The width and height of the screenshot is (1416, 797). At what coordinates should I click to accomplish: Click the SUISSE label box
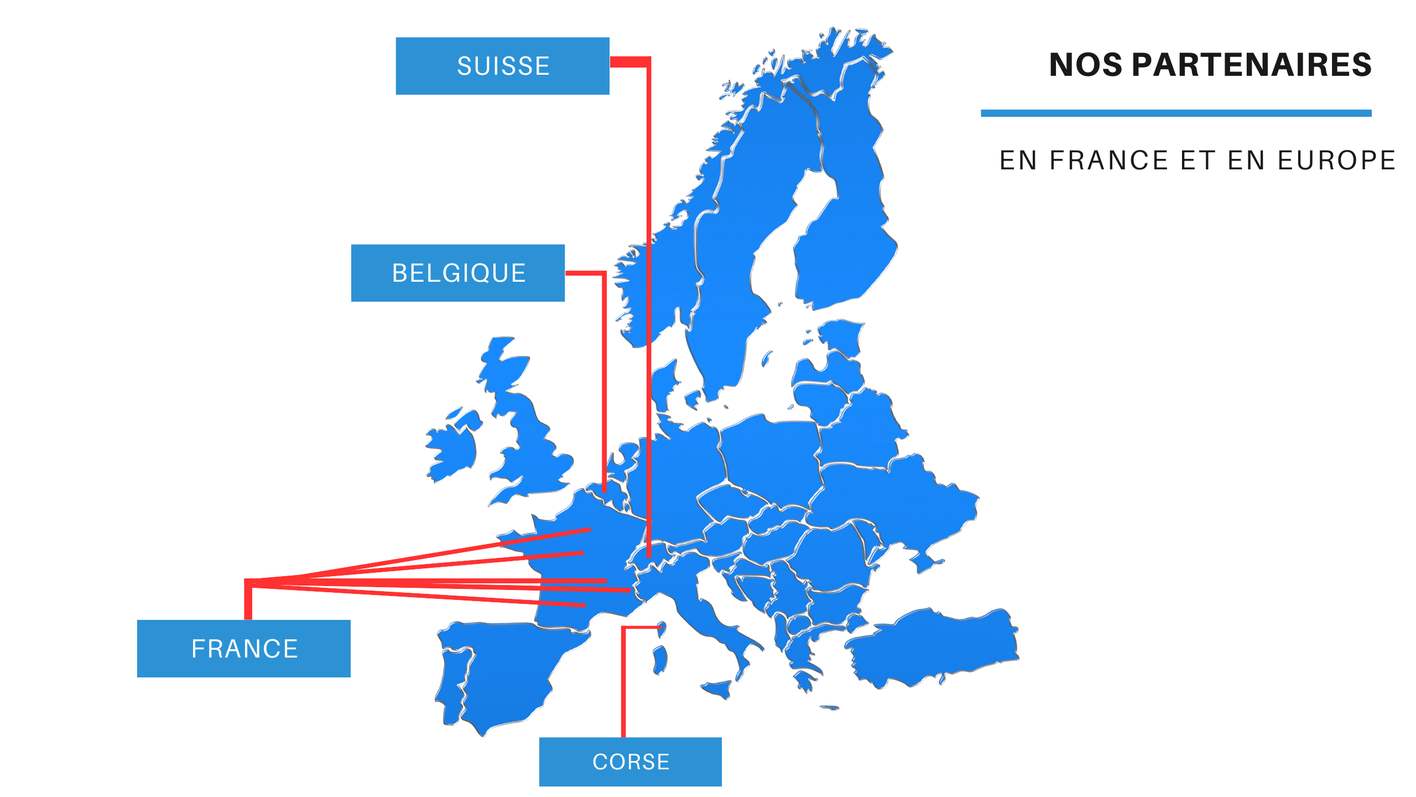click(x=502, y=66)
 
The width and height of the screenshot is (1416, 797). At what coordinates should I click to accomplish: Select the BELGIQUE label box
click(x=458, y=273)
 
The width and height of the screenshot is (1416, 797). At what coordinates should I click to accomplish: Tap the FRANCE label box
click(x=243, y=648)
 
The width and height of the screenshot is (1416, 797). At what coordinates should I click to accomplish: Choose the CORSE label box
click(x=630, y=762)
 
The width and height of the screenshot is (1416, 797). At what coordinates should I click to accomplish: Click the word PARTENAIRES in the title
click(x=1251, y=65)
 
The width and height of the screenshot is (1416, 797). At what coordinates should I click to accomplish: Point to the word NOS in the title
click(x=1085, y=65)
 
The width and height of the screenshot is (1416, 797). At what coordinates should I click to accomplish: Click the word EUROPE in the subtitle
click(x=1336, y=161)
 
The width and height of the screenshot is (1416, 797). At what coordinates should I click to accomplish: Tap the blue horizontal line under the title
click(x=1175, y=113)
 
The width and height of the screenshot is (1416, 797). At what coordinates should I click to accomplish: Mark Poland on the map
click(x=769, y=454)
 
